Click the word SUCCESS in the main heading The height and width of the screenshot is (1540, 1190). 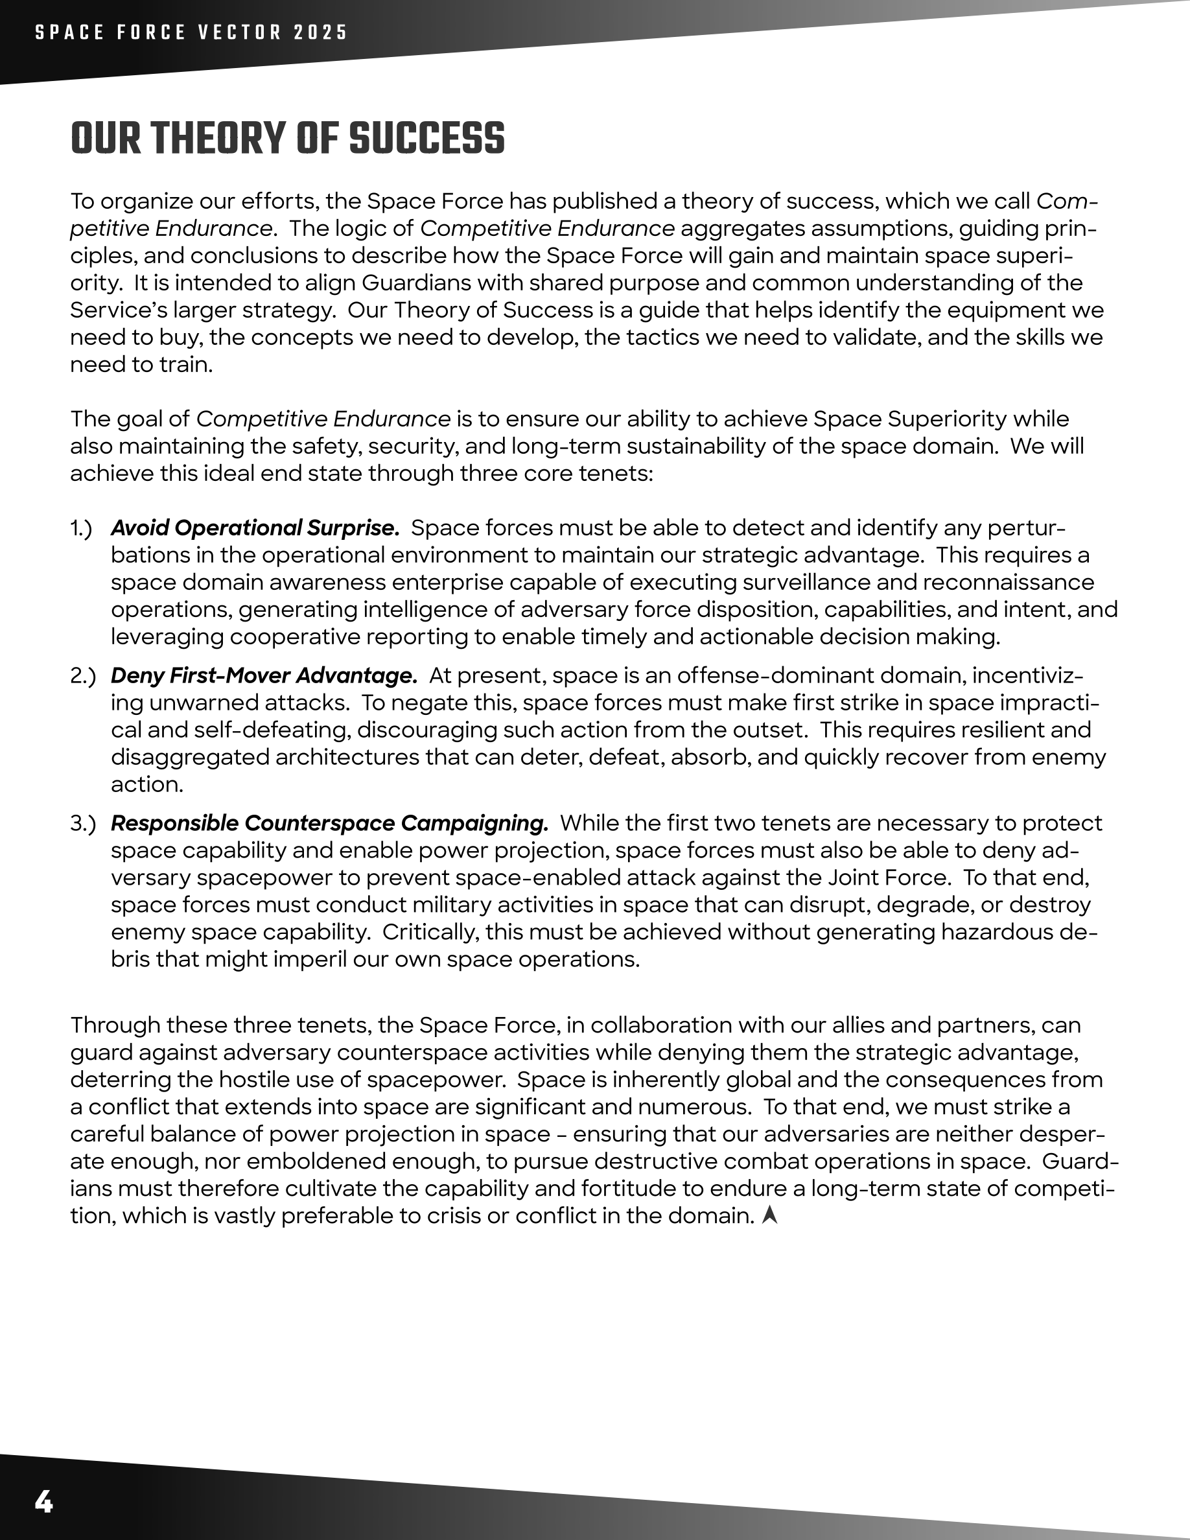click(426, 138)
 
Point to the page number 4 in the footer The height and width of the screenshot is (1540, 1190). click(43, 1502)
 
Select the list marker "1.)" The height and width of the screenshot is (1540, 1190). click(81, 528)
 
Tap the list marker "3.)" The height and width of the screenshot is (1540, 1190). click(82, 823)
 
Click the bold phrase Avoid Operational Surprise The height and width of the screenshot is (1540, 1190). click(255, 528)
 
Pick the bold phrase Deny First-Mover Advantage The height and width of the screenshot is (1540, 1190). click(264, 675)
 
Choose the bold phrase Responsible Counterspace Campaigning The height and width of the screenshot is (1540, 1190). click(329, 823)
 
